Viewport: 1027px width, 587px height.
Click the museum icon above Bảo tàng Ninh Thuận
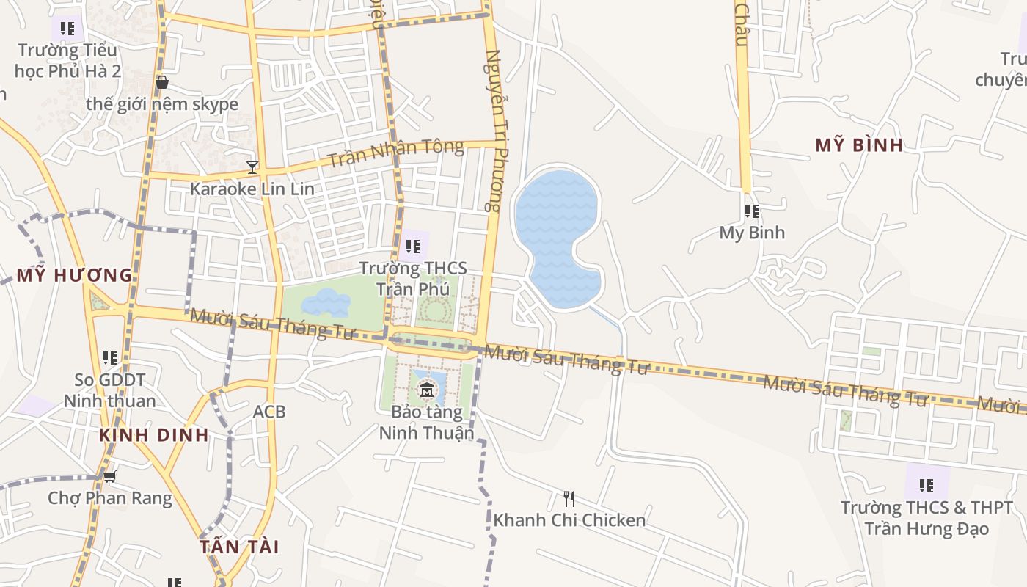(x=426, y=390)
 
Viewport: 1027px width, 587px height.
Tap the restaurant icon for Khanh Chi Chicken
(x=569, y=499)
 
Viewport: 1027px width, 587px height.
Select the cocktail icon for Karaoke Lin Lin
(x=252, y=167)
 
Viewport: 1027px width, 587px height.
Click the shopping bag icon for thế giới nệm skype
(x=162, y=82)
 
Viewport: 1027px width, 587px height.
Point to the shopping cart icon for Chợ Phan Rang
(x=110, y=477)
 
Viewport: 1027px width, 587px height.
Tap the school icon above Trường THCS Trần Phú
(x=413, y=247)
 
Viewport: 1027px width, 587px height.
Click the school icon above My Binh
(x=752, y=211)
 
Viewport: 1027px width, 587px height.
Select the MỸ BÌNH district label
(x=859, y=145)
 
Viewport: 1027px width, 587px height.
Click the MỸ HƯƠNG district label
(x=74, y=276)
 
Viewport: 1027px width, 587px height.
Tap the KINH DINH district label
(x=154, y=434)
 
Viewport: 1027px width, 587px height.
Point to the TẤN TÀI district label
(x=240, y=547)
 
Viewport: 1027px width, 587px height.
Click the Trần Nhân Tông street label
(x=395, y=153)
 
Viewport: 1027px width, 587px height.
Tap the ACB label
(x=269, y=412)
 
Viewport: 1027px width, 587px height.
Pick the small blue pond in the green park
(x=325, y=302)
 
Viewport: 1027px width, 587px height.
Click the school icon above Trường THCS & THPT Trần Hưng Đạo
(x=927, y=485)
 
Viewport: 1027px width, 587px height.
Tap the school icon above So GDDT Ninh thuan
(x=110, y=358)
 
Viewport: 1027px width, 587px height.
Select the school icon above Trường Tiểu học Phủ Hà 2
(x=67, y=29)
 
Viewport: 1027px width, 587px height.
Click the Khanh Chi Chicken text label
(x=569, y=520)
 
